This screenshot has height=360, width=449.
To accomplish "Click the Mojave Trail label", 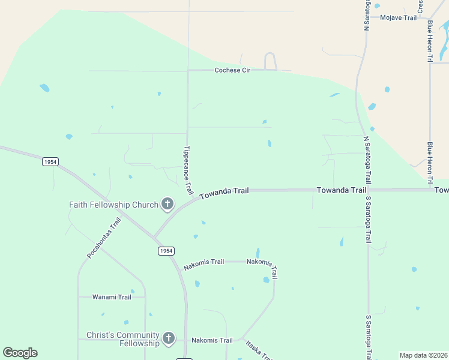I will tap(398, 17).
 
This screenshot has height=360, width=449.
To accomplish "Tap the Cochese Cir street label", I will tap(232, 70).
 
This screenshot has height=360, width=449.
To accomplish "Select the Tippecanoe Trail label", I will tap(188, 170).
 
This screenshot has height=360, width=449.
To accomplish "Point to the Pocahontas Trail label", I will tap(104, 238).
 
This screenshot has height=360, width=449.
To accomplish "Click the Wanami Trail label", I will tap(112, 297).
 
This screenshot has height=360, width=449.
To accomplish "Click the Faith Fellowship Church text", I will tap(113, 205).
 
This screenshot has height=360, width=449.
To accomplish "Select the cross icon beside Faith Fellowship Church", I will tap(167, 205).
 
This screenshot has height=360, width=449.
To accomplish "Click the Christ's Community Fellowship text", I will tap(123, 339).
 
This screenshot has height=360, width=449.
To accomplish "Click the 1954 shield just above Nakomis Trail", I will tap(167, 250).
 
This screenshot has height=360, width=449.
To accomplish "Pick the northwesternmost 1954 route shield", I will tap(50, 162).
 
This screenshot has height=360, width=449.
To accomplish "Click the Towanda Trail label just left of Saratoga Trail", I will tap(341, 190).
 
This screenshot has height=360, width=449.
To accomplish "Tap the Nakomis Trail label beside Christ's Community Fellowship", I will tap(212, 340).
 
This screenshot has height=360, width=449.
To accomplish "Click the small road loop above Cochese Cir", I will tap(270, 60).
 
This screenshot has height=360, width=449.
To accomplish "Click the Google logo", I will tap(20, 353).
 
